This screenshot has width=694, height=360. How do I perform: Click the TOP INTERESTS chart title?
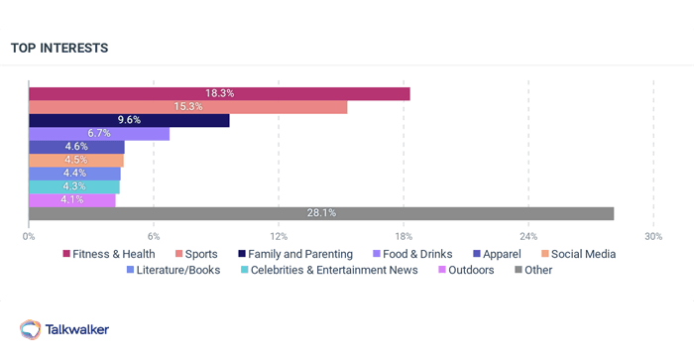tap(59, 48)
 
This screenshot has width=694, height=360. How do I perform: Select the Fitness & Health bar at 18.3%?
tap(219, 93)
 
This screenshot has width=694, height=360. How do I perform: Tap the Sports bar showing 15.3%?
tap(188, 107)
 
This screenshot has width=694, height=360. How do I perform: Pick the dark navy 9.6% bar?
tap(129, 120)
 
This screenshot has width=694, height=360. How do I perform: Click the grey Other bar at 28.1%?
tap(321, 213)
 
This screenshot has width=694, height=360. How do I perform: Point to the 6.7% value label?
tap(100, 134)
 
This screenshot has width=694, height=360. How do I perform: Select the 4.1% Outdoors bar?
tap(72, 199)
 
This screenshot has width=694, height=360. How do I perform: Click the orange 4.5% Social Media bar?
tap(76, 160)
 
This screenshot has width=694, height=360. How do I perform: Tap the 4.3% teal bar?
tap(74, 186)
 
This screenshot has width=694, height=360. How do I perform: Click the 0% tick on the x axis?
tap(29, 236)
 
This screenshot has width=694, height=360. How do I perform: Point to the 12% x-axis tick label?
tap(279, 236)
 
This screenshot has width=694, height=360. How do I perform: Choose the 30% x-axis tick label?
tap(652, 236)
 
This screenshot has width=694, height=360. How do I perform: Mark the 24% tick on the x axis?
tap(528, 236)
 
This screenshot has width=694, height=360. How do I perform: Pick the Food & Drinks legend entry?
tap(410, 254)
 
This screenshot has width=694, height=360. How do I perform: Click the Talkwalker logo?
tap(64, 329)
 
